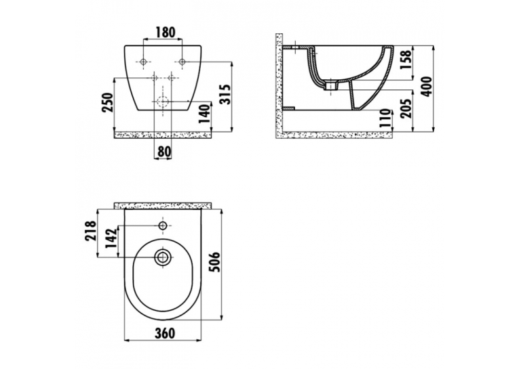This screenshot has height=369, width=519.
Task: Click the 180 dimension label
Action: click(x=165, y=32)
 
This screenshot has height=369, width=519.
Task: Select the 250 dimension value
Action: click(x=109, y=102)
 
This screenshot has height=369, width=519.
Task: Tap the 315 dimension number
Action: click(x=225, y=95)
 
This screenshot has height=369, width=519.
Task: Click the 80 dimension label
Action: click(x=164, y=152)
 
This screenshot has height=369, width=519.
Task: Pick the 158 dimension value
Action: click(x=406, y=60)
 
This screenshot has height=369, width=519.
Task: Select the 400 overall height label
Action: click(x=427, y=87)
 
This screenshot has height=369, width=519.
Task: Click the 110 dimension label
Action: click(x=385, y=119)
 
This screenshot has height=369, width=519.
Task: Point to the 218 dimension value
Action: click(x=90, y=231)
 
